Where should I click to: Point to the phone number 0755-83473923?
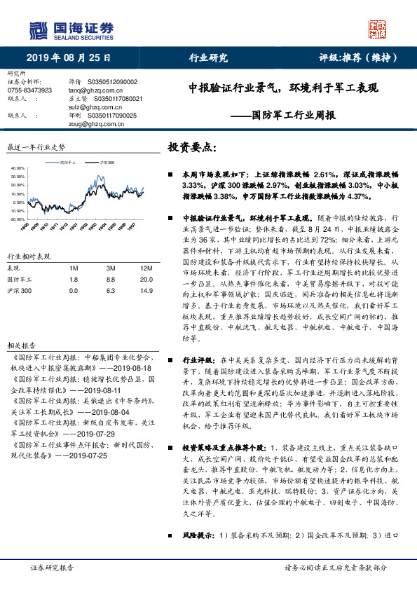click(x=29, y=90)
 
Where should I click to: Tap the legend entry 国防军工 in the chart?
click(x=69, y=162)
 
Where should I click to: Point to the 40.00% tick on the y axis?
click(x=18, y=169)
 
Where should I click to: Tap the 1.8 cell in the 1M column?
click(x=74, y=279)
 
